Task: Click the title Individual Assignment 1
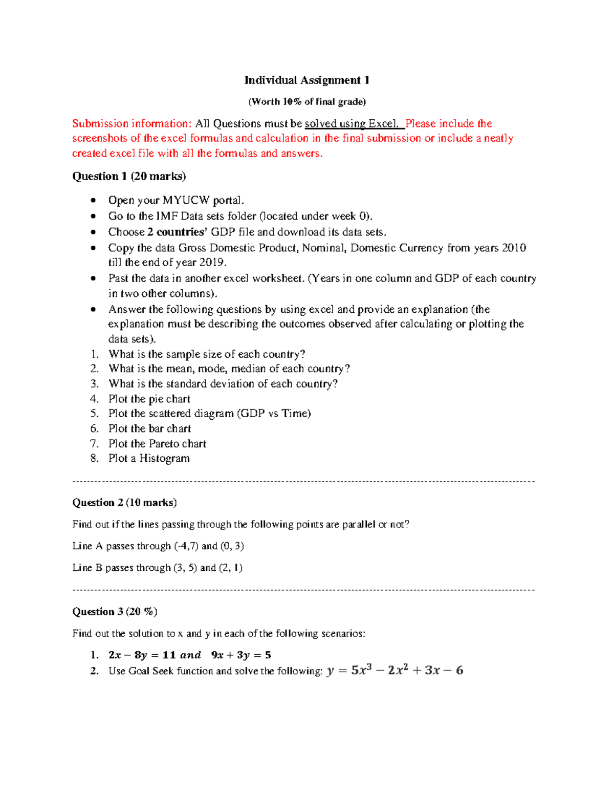[307, 80]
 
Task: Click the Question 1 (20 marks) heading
[129, 176]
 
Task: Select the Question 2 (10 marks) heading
[124, 502]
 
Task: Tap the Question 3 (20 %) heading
[115, 611]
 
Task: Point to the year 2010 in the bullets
[514, 248]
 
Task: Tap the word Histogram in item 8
[164, 458]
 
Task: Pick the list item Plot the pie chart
[149, 399]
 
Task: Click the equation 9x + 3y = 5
[241, 655]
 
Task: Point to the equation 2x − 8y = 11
[142, 655]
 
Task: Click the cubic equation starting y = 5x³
[394, 670]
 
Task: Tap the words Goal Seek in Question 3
[151, 671]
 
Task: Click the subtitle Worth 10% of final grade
[307, 101]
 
